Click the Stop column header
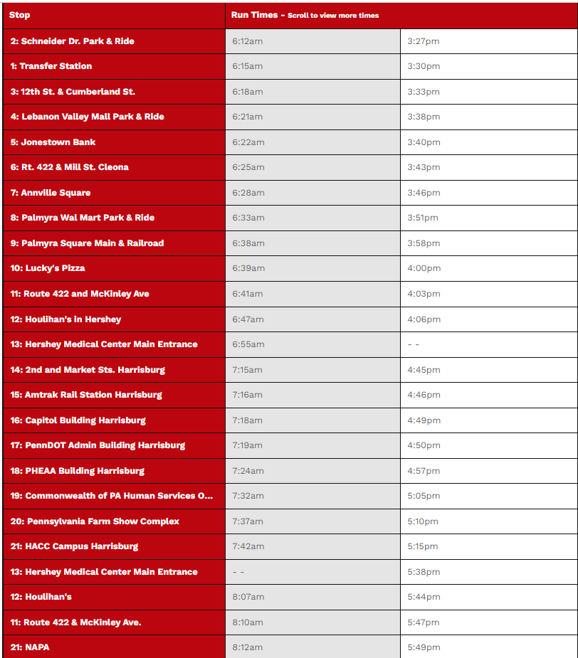click(20, 15)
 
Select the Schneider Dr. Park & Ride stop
click(72, 41)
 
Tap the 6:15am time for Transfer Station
click(248, 66)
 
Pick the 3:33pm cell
click(424, 92)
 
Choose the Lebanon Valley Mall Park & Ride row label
click(87, 117)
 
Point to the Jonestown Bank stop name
click(53, 142)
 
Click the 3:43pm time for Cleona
click(424, 167)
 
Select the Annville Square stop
click(51, 193)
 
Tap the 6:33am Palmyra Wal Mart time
click(248, 218)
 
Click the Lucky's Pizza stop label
click(48, 268)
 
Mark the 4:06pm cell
click(424, 319)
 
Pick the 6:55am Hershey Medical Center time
click(248, 344)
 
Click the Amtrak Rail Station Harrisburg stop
click(86, 395)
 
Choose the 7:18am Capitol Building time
click(248, 420)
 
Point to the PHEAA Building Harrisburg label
click(77, 471)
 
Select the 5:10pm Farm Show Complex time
click(423, 521)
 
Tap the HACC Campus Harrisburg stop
click(74, 546)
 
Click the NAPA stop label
click(30, 647)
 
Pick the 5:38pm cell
click(424, 572)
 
